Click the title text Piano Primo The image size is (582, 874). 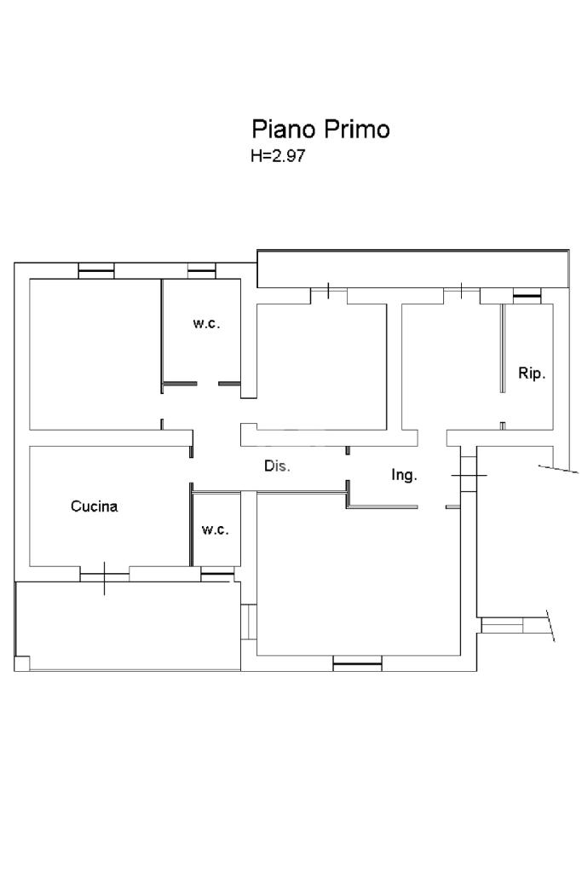click(320, 129)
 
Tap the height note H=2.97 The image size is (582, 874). click(277, 155)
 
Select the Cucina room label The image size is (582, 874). click(94, 506)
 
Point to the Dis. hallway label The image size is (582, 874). click(277, 466)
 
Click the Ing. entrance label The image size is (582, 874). click(404, 475)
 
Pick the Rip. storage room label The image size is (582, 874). click(532, 373)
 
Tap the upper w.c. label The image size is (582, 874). click(206, 323)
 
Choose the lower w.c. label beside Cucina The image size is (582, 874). click(215, 530)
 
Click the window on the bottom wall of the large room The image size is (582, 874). click(357, 663)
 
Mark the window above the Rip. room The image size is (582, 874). click(527, 296)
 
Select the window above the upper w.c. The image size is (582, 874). click(201, 271)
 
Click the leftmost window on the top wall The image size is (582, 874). click(95, 271)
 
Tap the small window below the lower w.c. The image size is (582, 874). click(217, 574)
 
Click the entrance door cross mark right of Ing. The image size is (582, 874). click(469, 475)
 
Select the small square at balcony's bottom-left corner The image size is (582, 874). click(21, 663)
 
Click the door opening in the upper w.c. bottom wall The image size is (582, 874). click(207, 384)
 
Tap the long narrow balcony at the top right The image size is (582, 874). click(412, 269)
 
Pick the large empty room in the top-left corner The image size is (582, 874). click(95, 354)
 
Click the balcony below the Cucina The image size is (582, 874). click(128, 625)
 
